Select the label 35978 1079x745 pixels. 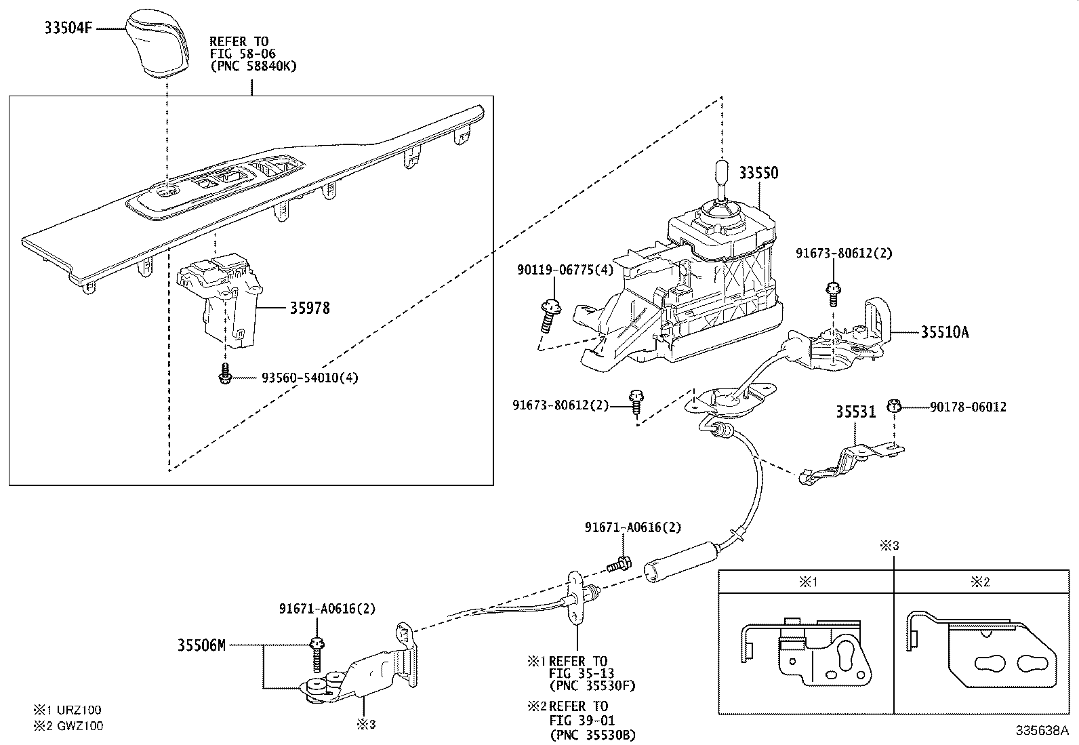click(x=310, y=308)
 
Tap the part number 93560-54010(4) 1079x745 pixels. click(x=310, y=378)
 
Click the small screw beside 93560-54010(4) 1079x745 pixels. click(x=225, y=374)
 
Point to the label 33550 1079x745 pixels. click(x=758, y=173)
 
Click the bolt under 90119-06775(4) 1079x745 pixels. click(x=550, y=315)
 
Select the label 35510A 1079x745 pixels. click(x=945, y=332)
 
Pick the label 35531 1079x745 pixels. click(x=855, y=411)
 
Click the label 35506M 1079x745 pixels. click(x=201, y=645)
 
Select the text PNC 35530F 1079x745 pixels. click(x=592, y=685)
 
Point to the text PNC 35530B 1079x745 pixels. click(x=592, y=734)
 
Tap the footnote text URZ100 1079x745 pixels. click(x=78, y=710)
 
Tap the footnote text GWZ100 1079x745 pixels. click(x=78, y=725)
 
